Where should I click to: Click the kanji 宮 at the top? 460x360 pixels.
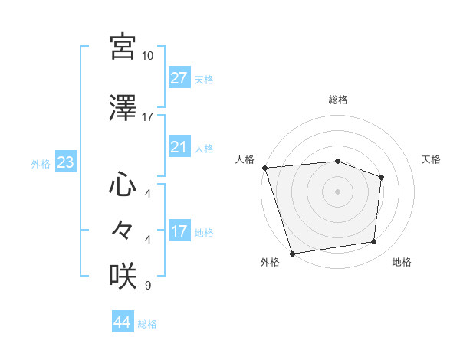[123, 47]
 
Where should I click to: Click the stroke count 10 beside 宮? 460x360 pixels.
[148, 56]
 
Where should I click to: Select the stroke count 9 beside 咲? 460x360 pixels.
[147, 286]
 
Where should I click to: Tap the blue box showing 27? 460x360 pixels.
[179, 78]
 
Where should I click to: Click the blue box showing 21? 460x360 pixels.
[179, 147]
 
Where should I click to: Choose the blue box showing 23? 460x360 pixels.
[65, 162]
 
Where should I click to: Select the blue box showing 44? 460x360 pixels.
[122, 323]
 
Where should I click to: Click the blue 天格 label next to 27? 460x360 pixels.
[204, 79]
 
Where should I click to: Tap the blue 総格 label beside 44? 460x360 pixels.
[147, 324]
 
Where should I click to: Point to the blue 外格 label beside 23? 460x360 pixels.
[41, 163]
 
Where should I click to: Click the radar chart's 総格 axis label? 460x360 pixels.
[338, 100]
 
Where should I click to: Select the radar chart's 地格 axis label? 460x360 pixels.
[402, 263]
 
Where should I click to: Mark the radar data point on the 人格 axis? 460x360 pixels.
[264, 168]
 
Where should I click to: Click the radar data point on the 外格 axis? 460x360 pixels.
[292, 253]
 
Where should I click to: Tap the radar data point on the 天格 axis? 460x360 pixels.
[381, 177]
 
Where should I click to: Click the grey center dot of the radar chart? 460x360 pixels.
[337, 191]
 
